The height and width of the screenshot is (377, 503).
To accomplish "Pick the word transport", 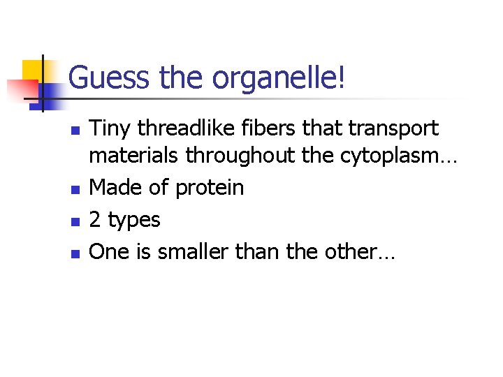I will click(x=394, y=128).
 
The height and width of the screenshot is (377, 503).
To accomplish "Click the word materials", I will click(x=134, y=156).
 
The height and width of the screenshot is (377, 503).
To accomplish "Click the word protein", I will click(x=210, y=188).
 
